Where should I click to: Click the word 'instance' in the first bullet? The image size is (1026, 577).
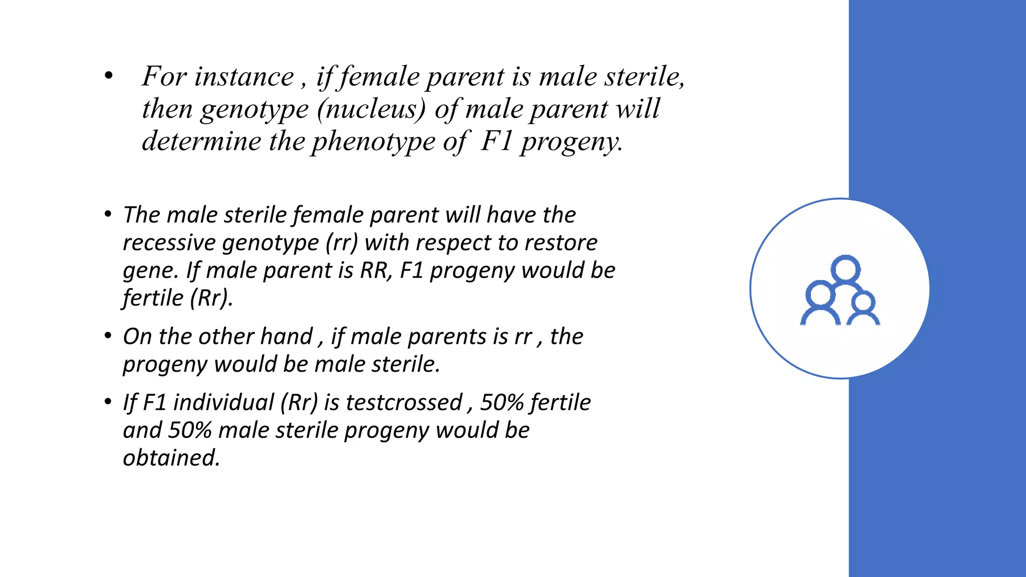coord(244,77)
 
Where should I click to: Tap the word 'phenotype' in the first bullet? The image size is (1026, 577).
coord(374,142)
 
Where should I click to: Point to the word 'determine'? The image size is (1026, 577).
coord(201,142)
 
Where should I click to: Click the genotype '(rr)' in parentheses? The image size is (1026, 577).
coord(342,243)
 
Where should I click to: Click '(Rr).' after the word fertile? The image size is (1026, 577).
coord(211,299)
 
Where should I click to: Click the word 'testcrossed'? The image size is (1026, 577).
coord(404,403)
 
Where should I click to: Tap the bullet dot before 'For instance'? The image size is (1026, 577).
coord(109,77)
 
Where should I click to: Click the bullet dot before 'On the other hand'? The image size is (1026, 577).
coord(108,336)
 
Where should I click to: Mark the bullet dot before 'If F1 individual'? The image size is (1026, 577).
coord(108,402)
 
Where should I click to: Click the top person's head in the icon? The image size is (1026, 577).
coord(846,269)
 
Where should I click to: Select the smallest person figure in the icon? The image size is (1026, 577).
coord(863,310)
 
